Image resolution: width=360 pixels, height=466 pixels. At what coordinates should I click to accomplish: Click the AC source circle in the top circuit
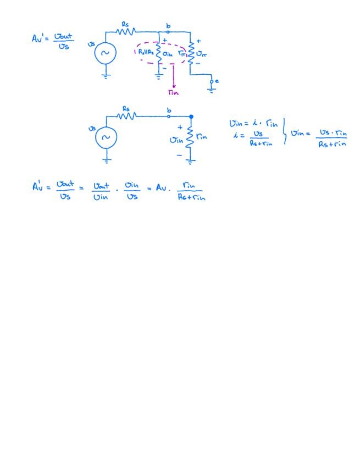(106, 53)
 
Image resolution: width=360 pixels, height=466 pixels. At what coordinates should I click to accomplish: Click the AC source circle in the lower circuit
(106, 137)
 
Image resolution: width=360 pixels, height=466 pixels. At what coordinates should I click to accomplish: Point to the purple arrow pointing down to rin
(174, 77)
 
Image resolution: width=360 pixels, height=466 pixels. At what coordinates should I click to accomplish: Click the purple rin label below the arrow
(174, 92)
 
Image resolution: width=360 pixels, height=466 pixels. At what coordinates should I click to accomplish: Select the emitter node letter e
(217, 81)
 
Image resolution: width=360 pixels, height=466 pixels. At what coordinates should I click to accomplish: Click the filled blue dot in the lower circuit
(191, 116)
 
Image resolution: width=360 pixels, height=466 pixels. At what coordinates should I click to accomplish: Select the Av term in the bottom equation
(161, 188)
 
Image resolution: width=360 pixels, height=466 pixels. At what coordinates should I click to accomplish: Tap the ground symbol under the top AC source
(106, 76)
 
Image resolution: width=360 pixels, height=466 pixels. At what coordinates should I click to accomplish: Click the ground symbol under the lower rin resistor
(191, 161)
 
